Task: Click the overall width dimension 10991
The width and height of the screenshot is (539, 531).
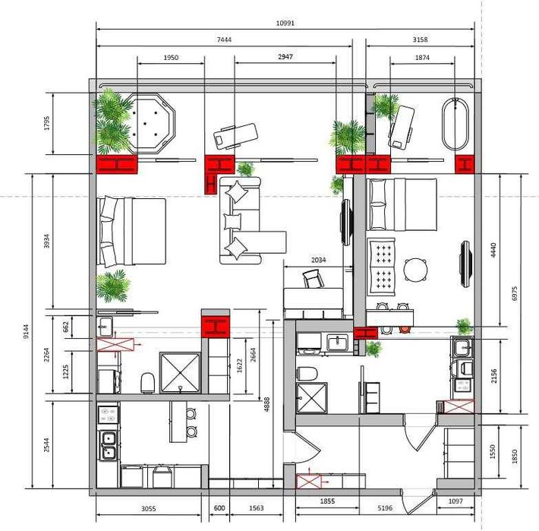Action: point(285,23)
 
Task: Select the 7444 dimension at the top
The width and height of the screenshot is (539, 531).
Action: point(223,39)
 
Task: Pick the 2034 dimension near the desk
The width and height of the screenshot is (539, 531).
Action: point(319,260)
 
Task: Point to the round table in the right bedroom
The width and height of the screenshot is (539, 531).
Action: point(415,270)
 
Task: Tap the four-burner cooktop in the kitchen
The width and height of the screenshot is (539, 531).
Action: point(108,415)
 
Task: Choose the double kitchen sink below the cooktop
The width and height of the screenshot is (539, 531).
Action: point(108,445)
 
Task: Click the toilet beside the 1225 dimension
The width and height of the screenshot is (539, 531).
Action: point(147,382)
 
